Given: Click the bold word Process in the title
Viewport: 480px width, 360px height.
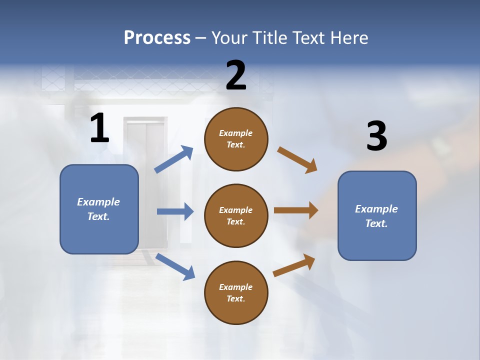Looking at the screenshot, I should [157, 38].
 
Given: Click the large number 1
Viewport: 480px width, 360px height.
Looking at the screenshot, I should [99, 128].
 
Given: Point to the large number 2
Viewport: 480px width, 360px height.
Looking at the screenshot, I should [236, 75].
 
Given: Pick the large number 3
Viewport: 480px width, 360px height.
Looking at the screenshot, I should [376, 136].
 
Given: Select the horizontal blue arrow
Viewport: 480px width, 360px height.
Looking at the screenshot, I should [175, 211].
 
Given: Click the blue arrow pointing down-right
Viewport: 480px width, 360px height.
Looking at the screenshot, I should [175, 266].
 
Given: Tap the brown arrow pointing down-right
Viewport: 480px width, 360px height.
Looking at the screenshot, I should [297, 159].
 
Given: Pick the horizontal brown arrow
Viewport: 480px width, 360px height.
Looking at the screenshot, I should [296, 210].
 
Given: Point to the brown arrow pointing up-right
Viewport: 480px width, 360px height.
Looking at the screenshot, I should [294, 265].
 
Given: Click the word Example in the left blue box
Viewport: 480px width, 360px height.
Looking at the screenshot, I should [98, 202].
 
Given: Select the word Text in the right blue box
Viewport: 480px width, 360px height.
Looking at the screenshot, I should [375, 223].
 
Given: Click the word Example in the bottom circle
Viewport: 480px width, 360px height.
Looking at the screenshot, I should [235, 287].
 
